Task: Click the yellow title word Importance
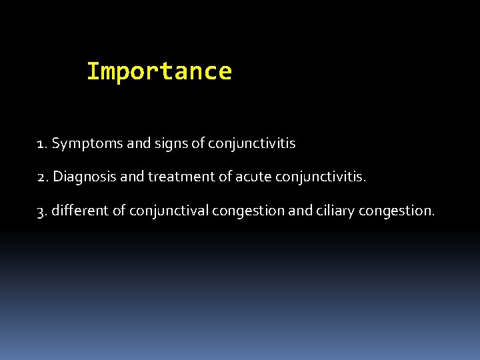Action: click(159, 71)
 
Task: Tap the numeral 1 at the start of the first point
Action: click(41, 143)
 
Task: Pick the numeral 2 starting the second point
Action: click(42, 177)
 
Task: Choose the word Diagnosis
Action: click(81, 177)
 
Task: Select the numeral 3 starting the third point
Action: click(42, 211)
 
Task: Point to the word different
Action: click(81, 211)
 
